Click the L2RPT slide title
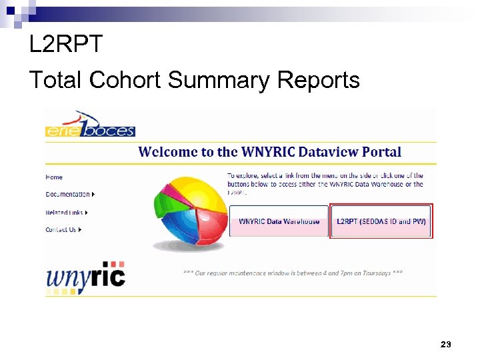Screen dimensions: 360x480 (66, 45)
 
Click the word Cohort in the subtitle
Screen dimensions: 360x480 (125, 81)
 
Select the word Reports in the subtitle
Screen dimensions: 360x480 (318, 81)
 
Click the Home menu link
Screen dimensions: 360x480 (54, 177)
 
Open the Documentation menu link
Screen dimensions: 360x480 (68, 195)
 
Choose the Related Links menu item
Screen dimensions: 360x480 (65, 213)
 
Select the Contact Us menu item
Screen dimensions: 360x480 (61, 230)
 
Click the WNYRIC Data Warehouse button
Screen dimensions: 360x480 (279, 221)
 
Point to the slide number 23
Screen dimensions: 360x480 (446, 345)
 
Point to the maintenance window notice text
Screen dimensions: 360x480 (293, 273)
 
